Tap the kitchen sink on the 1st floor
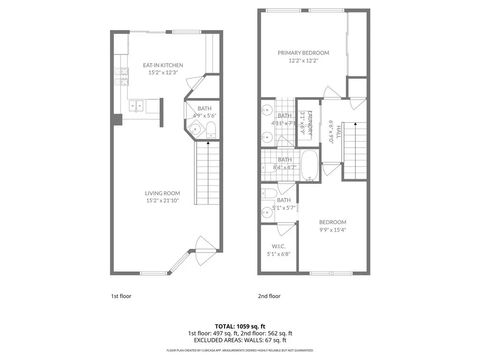click(x=134, y=103)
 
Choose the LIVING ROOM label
click(x=161, y=194)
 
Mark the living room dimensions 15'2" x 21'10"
click(x=161, y=201)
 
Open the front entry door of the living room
click(x=204, y=251)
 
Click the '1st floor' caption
click(x=119, y=297)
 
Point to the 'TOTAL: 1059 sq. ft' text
click(x=240, y=323)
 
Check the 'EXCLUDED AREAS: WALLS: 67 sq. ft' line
click(x=240, y=339)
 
